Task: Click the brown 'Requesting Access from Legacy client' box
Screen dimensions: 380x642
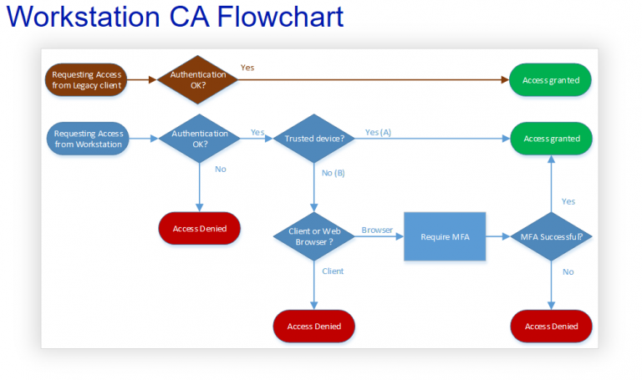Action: coord(87,80)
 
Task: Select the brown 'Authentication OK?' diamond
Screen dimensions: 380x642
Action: coord(198,80)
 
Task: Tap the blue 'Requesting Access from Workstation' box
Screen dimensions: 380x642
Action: coord(88,139)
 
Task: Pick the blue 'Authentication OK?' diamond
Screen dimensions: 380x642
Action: coord(198,139)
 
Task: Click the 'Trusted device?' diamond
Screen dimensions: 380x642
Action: coord(314,139)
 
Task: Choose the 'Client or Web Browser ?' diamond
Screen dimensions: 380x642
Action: coord(314,236)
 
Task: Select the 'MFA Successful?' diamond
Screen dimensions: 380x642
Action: coord(551,236)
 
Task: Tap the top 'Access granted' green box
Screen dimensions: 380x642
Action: coord(551,80)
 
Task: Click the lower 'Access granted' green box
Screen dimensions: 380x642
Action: coord(551,139)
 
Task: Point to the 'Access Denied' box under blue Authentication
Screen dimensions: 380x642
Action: coord(199,229)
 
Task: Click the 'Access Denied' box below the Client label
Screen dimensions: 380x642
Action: coord(314,327)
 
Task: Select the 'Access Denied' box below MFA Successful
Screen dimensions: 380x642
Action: coord(551,327)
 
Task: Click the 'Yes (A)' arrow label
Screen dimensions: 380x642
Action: coord(378,133)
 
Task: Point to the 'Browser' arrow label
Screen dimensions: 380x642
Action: coord(377,230)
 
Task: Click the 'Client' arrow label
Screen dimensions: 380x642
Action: coord(333,271)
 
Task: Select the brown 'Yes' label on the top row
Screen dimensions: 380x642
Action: coord(247,68)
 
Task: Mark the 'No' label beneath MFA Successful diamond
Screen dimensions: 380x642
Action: coord(568,271)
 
